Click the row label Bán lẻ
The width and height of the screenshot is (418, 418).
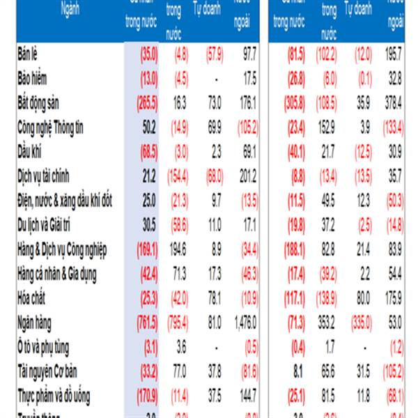[x=31, y=54]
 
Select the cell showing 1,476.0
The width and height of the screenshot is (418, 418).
[x=244, y=323]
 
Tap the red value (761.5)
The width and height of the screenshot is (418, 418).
[x=144, y=323]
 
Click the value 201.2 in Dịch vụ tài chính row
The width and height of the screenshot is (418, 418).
[x=246, y=176]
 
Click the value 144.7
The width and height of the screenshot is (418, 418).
[x=246, y=396]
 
